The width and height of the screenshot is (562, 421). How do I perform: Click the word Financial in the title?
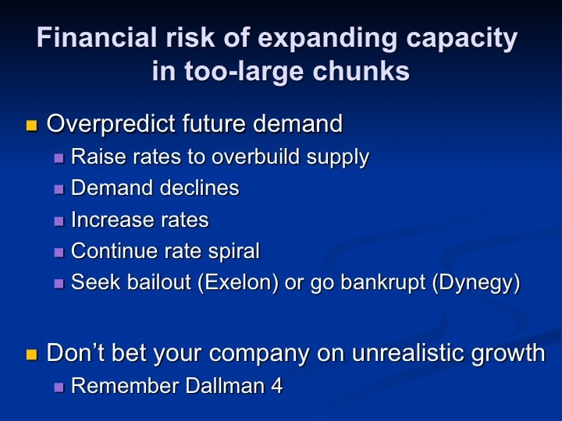97,37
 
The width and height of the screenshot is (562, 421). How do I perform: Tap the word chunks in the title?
361,70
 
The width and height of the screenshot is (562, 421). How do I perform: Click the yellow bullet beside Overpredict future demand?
31,126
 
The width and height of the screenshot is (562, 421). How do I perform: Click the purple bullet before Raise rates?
59,157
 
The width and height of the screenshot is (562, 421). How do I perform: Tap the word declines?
199,188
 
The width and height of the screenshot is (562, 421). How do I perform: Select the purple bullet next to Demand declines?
59,189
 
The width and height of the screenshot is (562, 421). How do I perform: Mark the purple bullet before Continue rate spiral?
59,252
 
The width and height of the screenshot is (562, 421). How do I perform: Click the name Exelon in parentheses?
237,282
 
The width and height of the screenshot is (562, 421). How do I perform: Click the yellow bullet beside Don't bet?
31,355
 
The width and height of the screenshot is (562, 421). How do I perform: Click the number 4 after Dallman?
276,386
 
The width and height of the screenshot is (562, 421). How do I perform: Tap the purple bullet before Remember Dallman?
59,387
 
